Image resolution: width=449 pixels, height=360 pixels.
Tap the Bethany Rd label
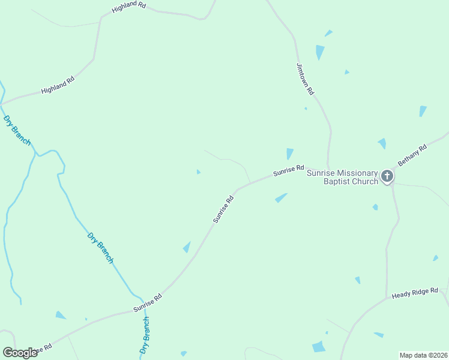coord(412,155)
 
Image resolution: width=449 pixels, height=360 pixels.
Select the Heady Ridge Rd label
coord(415,293)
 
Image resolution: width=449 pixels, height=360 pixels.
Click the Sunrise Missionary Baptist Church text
coord(342,177)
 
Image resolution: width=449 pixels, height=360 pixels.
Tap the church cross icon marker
coord(387,176)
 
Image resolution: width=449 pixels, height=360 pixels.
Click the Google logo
coord(20,352)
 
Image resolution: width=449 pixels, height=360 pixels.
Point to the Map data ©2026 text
coord(423,355)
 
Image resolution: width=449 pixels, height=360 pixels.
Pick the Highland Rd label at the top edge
coord(129,8)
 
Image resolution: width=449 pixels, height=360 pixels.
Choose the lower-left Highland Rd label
coord(58,85)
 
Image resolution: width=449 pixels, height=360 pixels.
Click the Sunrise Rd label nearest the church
coord(289,171)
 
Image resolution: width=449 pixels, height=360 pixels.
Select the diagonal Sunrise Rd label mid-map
coord(223,209)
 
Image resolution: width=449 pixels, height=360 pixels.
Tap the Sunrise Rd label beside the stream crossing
coord(148,302)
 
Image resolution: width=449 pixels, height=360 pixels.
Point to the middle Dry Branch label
coord(100,247)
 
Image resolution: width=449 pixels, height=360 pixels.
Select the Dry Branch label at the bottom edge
coord(145,336)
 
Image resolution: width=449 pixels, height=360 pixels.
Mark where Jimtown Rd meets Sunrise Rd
coord(328,168)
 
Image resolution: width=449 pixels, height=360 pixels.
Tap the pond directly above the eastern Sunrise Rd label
coord(290,154)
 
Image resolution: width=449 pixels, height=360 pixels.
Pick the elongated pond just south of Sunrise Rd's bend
coord(281,197)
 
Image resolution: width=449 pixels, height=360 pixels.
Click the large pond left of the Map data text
coord(319,346)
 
